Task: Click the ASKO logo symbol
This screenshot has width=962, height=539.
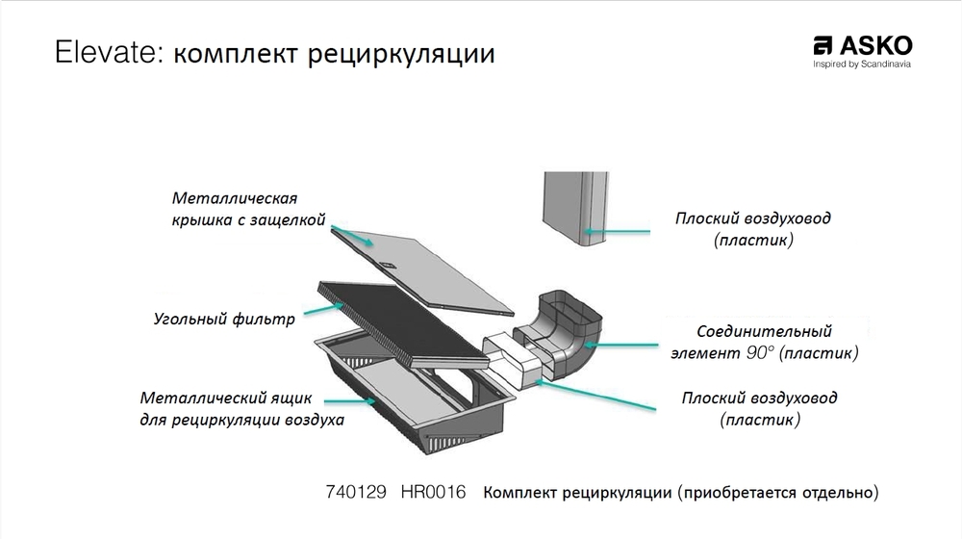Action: pos(823,46)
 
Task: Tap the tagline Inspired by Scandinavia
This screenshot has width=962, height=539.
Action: pos(862,64)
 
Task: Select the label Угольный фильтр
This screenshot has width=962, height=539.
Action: pos(224,319)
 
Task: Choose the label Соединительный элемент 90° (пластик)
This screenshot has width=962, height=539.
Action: pos(764,342)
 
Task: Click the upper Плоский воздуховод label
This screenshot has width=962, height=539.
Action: pos(752,229)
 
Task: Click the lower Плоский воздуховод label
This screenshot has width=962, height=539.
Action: pos(759,408)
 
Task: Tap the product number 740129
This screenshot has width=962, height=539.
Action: pos(357,493)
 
